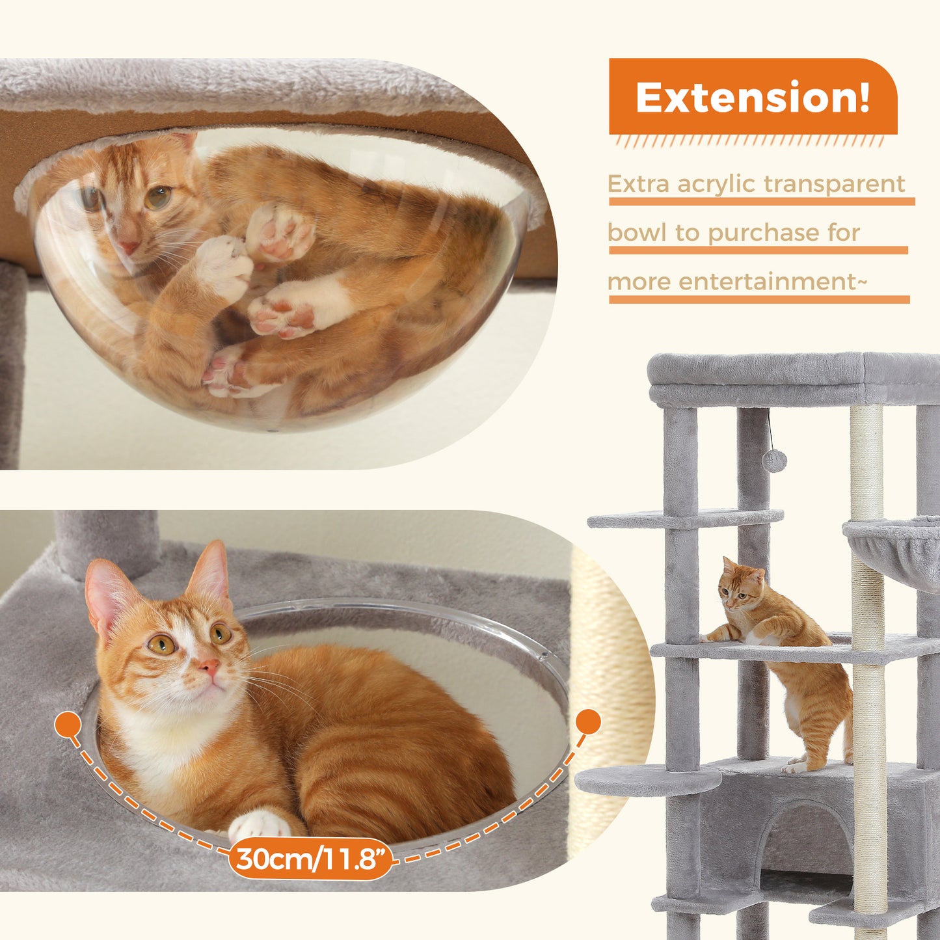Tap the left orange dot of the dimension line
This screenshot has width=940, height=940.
tap(68, 723)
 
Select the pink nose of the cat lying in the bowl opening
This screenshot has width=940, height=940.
tap(209, 666)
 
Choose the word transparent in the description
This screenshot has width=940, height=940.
tap(834, 185)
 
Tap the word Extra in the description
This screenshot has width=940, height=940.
tap(638, 184)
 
